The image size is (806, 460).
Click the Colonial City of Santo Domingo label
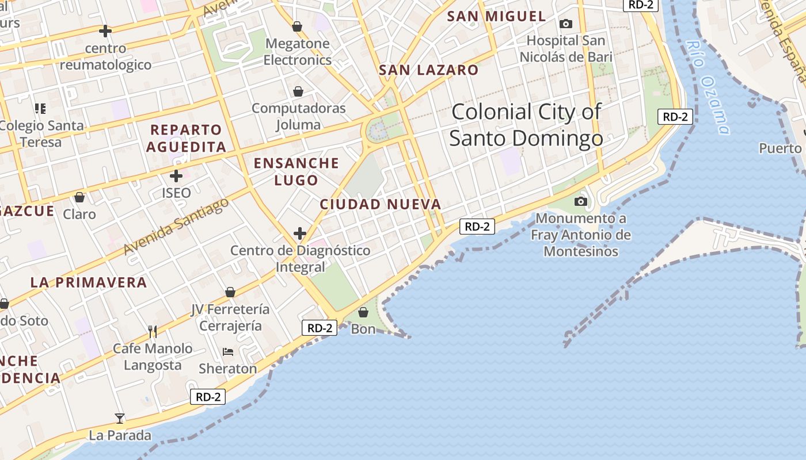[x=526, y=125]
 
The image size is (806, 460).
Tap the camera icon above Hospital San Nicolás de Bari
[x=566, y=24]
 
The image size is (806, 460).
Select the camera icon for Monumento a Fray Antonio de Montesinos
[x=581, y=201]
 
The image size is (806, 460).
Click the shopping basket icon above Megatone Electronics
[x=297, y=26]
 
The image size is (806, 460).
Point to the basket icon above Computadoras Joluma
[x=298, y=91]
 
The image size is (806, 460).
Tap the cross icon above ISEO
[x=176, y=176]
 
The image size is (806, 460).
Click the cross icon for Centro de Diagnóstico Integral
[x=300, y=233]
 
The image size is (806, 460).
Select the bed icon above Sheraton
[x=228, y=352]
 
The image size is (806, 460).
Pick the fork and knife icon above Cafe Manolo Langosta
[x=153, y=332]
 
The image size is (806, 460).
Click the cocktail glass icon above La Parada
[x=120, y=418]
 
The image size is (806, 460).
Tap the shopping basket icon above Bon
[x=363, y=312]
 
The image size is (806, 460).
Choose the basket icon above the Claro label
[x=79, y=197]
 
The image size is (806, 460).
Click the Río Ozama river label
[x=708, y=86]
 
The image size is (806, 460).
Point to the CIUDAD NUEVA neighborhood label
[x=381, y=204]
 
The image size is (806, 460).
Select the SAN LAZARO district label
[x=428, y=70]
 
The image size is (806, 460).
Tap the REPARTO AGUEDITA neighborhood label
[x=186, y=138]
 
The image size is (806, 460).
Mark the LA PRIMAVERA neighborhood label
[x=89, y=282]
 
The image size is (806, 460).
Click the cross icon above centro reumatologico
[x=105, y=31]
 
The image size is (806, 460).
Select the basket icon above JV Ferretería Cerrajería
[x=230, y=292]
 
